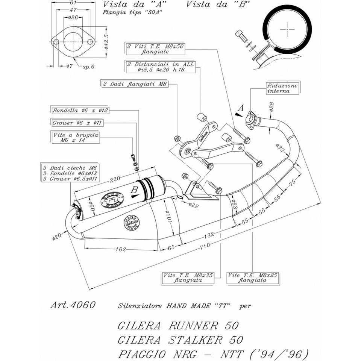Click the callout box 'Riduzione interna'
(x=282, y=88)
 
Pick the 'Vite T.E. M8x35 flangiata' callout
(x=188, y=278)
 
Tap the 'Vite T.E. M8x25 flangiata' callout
(x=253, y=278)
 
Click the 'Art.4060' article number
(x=73, y=305)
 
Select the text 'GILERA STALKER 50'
(x=180, y=340)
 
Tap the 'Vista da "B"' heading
(x=218, y=5)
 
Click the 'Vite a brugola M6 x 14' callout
(x=76, y=138)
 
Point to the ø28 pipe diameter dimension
(x=272, y=108)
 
